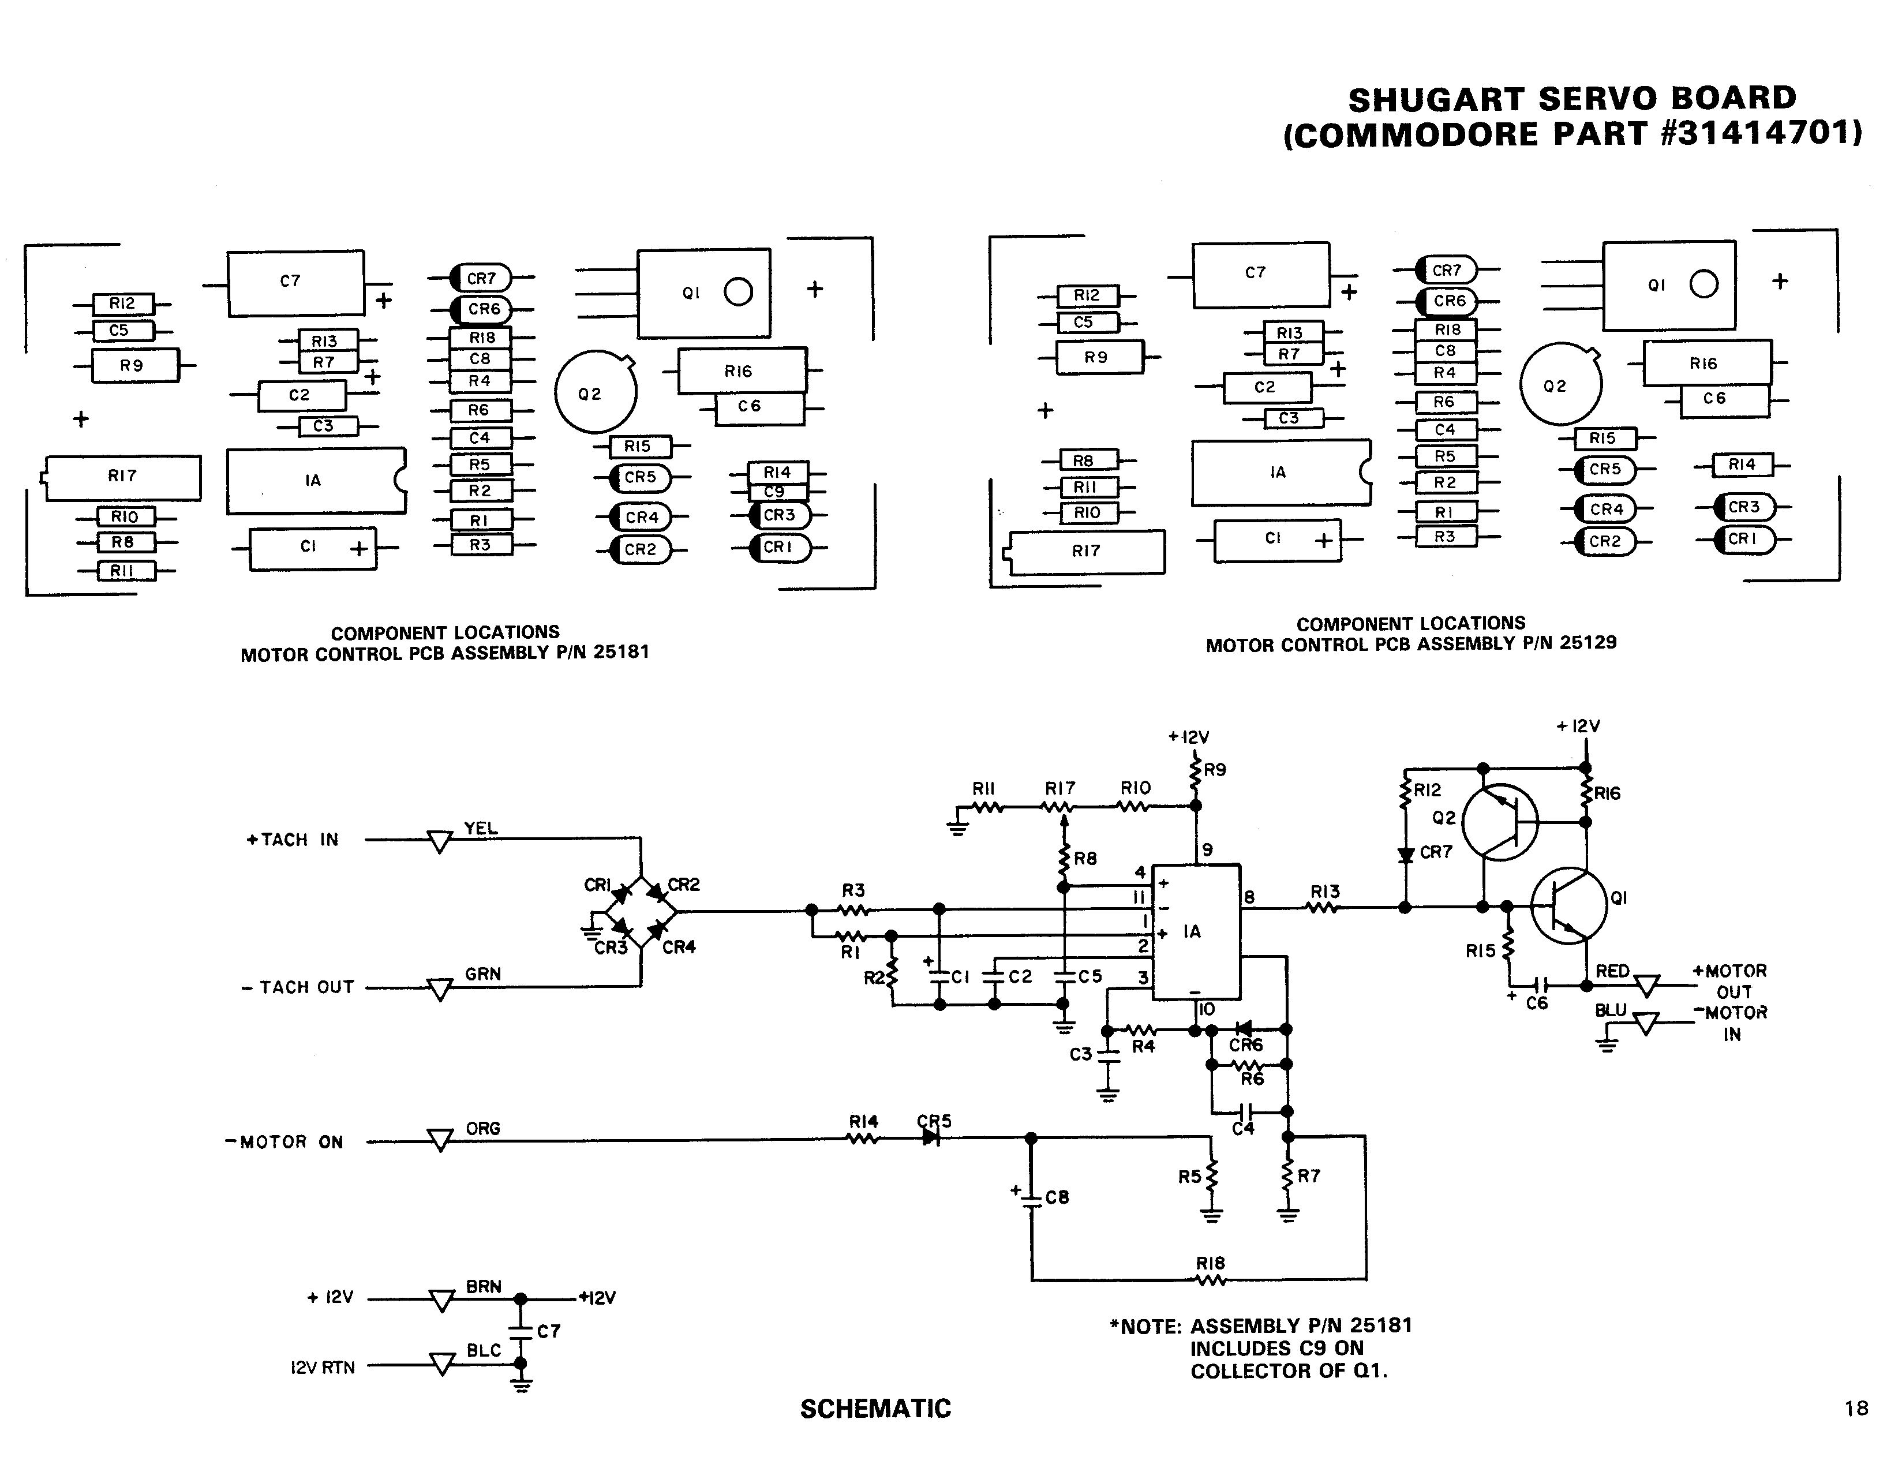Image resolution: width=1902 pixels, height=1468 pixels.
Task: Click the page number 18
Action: click(1856, 1408)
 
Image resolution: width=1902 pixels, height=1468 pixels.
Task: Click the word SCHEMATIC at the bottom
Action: click(875, 1409)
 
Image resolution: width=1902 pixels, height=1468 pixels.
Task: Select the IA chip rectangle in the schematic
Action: click(1196, 932)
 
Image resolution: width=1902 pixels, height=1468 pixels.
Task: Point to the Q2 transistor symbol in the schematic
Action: click(1500, 822)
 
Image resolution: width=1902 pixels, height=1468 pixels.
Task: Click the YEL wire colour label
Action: click(481, 828)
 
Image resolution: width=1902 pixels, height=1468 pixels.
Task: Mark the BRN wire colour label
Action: click(484, 1286)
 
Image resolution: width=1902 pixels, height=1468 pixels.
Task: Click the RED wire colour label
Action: click(1612, 971)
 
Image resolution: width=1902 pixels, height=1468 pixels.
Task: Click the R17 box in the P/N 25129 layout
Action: click(1086, 551)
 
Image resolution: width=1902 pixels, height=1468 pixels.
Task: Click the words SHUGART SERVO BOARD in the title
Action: click(1572, 99)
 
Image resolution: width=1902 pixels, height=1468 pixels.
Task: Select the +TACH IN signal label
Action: click(292, 840)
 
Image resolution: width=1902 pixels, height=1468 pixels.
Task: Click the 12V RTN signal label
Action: click(322, 1368)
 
